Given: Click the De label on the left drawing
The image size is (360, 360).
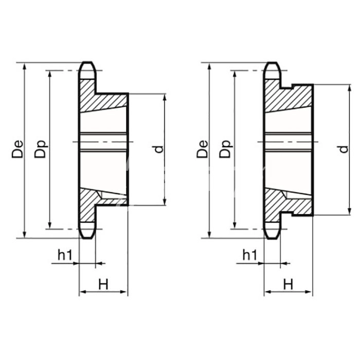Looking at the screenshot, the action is pyautogui.click(x=17, y=149).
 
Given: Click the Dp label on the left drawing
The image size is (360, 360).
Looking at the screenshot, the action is pyautogui.click(x=41, y=149).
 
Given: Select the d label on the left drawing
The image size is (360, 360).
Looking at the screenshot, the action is pyautogui.click(x=159, y=150).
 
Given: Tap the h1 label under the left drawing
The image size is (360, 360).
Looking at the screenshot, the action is pyautogui.click(x=65, y=255).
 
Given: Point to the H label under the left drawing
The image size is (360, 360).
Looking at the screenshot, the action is pyautogui.click(x=103, y=284).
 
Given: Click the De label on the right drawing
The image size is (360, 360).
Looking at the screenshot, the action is pyautogui.click(x=202, y=149).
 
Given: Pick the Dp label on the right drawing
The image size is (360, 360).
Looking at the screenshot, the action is pyautogui.click(x=225, y=149).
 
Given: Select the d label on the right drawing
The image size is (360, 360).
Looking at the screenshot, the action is pyautogui.click(x=344, y=150).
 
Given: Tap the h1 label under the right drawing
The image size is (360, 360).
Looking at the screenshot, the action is pyautogui.click(x=250, y=255).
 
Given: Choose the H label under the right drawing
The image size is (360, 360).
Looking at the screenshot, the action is pyautogui.click(x=288, y=284).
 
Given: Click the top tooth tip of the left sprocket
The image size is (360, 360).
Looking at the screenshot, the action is pyautogui.click(x=87, y=62).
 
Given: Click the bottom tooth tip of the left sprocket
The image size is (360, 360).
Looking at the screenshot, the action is pyautogui.click(x=87, y=238).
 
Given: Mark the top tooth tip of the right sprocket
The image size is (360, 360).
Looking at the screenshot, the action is pyautogui.click(x=272, y=62).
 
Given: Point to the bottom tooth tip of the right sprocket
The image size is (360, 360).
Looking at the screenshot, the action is pyautogui.click(x=272, y=238).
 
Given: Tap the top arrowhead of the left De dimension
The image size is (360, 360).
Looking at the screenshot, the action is pyautogui.click(x=24, y=66).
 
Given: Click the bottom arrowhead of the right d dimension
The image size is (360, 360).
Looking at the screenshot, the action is pyautogui.click(x=349, y=212).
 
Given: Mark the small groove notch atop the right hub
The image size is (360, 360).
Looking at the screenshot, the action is pyautogui.click(x=287, y=86).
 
